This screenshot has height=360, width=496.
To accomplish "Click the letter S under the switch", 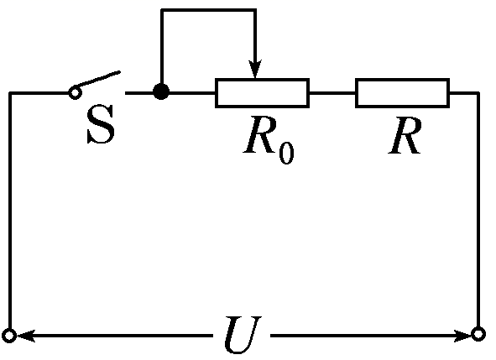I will (101, 130).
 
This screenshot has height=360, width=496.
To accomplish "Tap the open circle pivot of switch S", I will (74, 92).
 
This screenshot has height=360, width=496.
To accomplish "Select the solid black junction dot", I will (161, 92).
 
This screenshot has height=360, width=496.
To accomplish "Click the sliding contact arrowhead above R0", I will (256, 70).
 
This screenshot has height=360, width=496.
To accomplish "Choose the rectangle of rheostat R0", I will (262, 92).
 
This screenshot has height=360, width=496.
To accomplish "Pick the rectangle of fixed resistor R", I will (402, 92).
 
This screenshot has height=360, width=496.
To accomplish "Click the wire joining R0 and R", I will (332, 92).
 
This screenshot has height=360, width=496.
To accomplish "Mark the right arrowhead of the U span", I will (463, 337).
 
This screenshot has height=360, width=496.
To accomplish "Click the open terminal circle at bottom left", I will (9, 337).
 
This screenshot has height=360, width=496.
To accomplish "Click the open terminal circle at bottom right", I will (478, 336).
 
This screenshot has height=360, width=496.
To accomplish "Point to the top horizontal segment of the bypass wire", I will (208, 10).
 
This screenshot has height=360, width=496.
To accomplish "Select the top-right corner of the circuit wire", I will (478, 92).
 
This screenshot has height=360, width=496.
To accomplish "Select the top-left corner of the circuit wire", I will (10, 92).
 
